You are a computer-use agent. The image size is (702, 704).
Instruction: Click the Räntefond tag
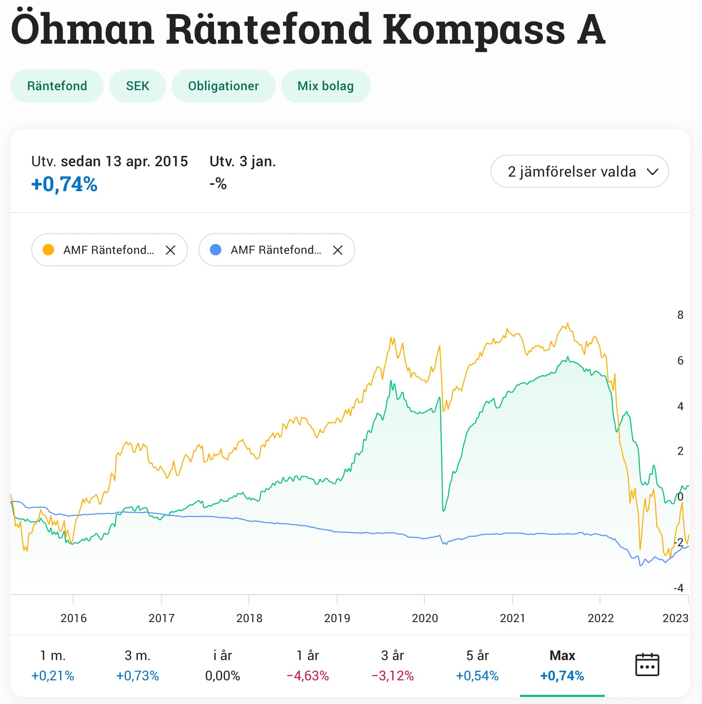click(x=57, y=86)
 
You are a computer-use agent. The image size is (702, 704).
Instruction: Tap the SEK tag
click(x=138, y=86)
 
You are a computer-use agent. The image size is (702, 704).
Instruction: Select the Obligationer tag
click(x=223, y=86)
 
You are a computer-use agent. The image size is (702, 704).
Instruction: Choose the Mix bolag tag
click(x=325, y=86)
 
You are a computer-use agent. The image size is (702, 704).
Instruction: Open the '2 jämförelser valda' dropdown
click(x=579, y=171)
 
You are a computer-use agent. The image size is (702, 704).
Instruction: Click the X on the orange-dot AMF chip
click(x=170, y=250)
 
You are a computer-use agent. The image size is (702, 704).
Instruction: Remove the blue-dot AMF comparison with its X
click(x=337, y=250)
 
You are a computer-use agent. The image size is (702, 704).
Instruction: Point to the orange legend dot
click(x=49, y=250)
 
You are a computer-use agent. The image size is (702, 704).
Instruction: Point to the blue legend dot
click(x=216, y=250)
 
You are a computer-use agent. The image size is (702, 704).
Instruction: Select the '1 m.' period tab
click(x=53, y=665)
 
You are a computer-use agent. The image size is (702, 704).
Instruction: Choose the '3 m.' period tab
click(x=138, y=665)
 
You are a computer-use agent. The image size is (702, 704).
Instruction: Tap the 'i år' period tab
click(x=222, y=665)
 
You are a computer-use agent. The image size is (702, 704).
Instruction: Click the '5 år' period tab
click(x=477, y=665)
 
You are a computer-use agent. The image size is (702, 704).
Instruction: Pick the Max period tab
click(x=562, y=665)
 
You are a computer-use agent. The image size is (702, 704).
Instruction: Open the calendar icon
click(x=647, y=665)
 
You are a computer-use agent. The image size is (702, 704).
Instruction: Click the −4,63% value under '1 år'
click(x=308, y=676)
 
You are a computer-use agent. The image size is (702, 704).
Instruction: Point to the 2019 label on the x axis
click(x=337, y=618)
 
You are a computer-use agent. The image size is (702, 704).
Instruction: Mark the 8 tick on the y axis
click(x=680, y=315)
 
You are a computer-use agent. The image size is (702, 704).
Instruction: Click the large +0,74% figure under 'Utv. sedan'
click(x=64, y=184)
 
